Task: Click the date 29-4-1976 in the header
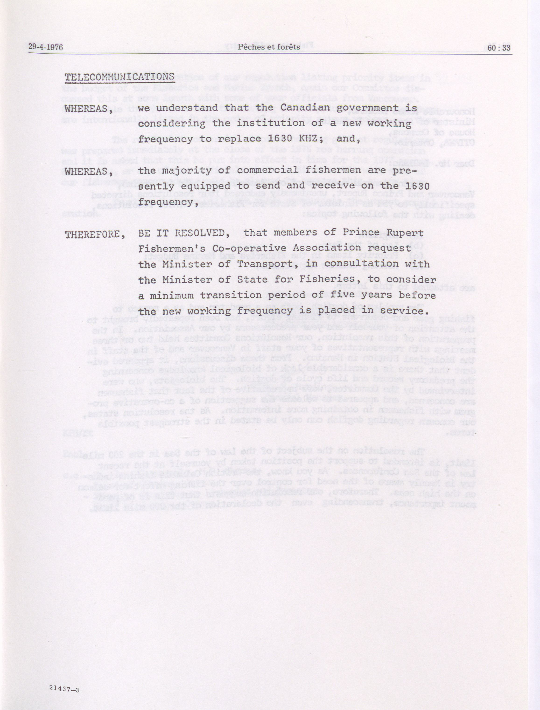click(45, 48)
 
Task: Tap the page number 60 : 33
click(499, 48)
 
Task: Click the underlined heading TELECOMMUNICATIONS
click(119, 77)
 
